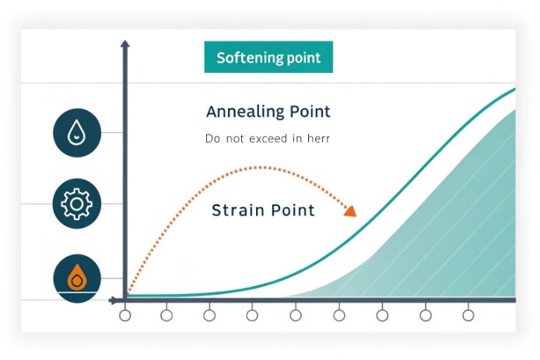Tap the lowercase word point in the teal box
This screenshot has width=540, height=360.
pos(303,58)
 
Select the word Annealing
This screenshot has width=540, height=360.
pos(244,112)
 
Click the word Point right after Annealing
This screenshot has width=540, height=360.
pos(307,112)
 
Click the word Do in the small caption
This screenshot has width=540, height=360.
pos(212,140)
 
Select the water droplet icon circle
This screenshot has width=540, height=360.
pos(76,131)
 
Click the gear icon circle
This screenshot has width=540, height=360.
pos(76,204)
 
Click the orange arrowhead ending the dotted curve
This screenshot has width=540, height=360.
pos(350,211)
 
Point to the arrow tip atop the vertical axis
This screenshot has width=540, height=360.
pos(125,44)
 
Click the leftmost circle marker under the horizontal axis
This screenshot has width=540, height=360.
pos(124,316)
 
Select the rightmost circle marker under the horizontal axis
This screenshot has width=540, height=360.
pos(468,316)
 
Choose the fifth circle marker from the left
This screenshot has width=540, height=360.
pos(296,316)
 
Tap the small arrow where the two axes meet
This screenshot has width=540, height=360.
pos(116,299)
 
